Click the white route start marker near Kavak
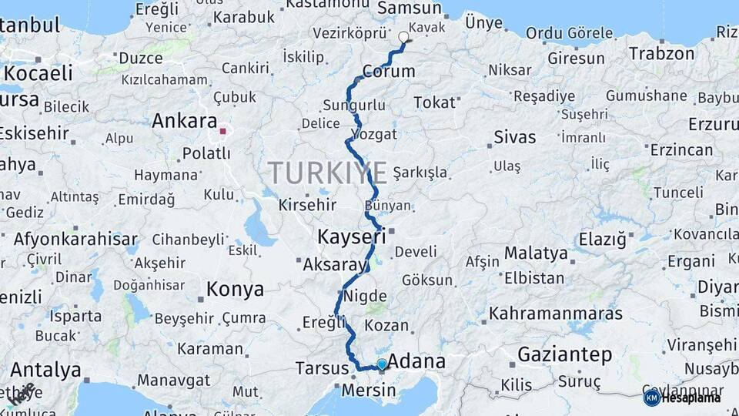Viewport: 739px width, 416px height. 403,36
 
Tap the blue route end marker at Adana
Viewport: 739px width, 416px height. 382,364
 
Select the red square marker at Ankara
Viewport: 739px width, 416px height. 222,131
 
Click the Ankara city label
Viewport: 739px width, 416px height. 184,121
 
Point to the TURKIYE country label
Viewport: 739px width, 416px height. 329,173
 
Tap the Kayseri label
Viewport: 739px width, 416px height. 351,236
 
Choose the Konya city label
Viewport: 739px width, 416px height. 235,290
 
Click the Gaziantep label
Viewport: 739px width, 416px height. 565,355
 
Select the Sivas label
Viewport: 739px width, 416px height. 514,138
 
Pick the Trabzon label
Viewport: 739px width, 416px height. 661,54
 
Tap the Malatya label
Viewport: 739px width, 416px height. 536,253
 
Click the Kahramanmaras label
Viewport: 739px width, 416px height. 556,314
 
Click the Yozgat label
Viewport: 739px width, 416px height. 374,134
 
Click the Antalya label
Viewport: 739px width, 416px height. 46,370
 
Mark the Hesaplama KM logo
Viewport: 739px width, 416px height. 651,398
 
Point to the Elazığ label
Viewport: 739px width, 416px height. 602,240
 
